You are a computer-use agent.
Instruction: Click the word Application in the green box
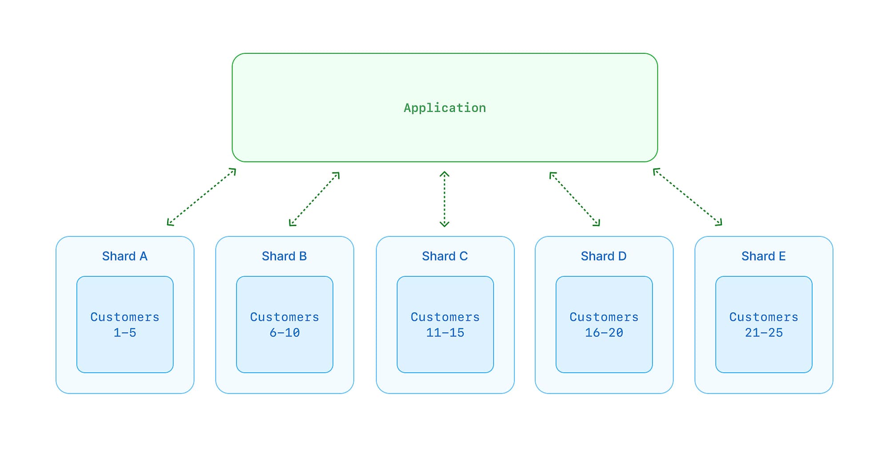point(445,108)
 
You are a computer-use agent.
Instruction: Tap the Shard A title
point(125,256)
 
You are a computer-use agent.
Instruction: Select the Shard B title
point(284,256)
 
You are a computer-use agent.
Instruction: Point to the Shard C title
point(445,256)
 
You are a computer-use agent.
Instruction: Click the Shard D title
point(604,256)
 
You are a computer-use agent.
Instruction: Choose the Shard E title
point(764,256)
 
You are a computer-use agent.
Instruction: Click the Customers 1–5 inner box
point(125,324)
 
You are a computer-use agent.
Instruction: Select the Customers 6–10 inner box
point(284,324)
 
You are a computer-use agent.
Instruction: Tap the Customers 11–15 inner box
point(445,324)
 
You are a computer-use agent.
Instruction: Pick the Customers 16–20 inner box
point(604,324)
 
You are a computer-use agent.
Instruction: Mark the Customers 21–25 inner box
point(764,324)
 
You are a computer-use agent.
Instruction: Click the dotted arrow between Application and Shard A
point(201,197)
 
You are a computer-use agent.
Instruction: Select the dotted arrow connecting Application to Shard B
point(314,199)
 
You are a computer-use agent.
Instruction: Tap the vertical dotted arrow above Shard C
point(444,199)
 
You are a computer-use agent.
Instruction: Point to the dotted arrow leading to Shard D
point(575,199)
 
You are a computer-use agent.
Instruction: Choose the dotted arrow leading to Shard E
point(688,197)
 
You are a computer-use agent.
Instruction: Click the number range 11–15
point(445,332)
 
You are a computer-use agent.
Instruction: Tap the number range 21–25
point(764,332)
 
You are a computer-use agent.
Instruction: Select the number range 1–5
point(125,332)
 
